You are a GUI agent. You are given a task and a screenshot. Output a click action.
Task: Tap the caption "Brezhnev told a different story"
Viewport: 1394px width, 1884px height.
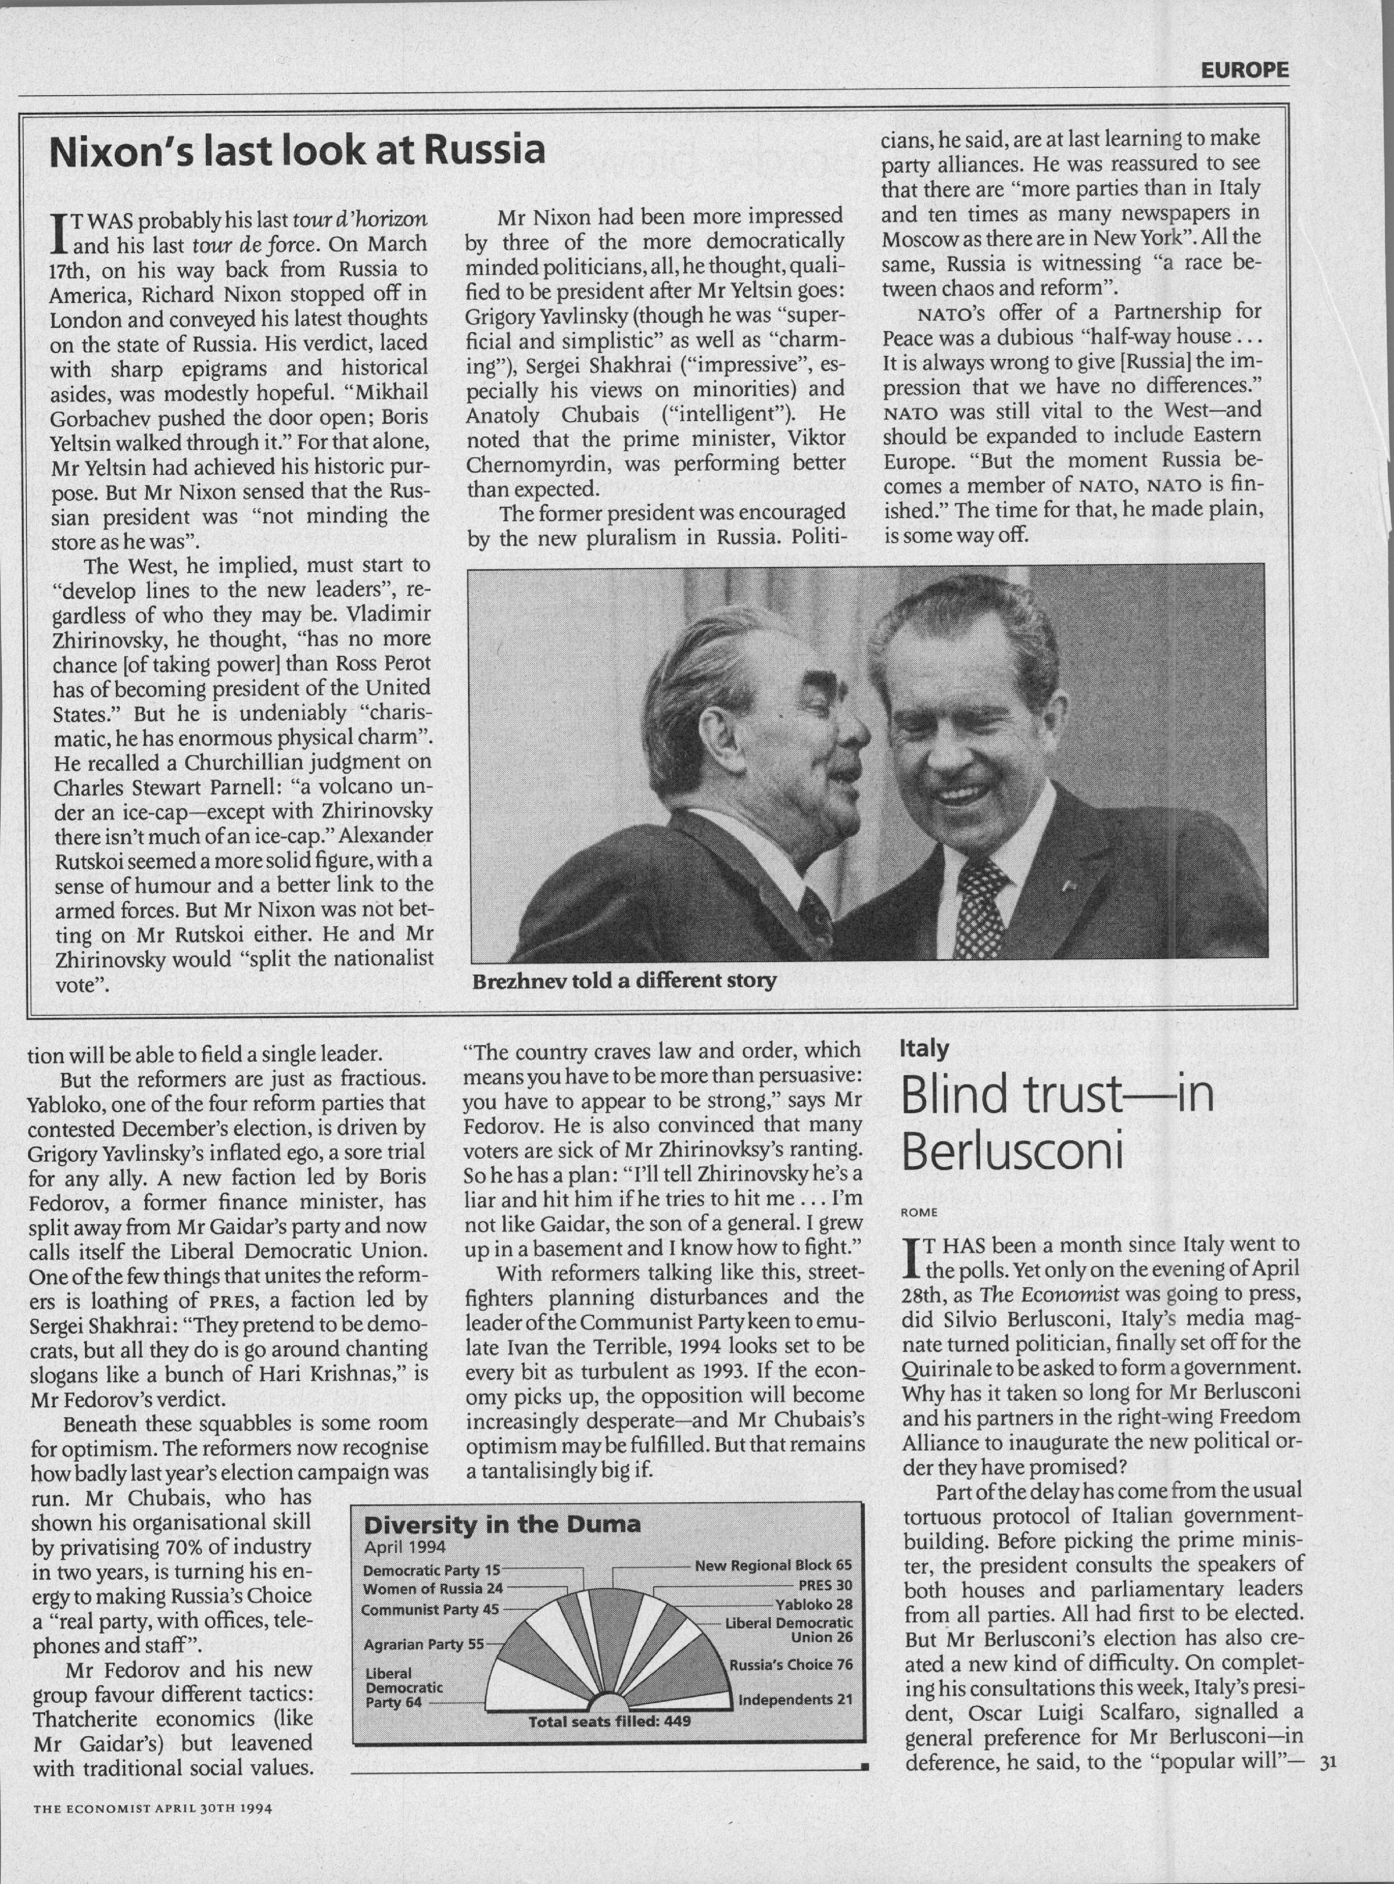tap(624, 981)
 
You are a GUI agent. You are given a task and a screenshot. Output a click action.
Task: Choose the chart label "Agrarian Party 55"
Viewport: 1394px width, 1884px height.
tap(424, 1644)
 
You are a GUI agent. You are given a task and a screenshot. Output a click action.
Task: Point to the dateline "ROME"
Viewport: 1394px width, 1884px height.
tap(920, 1213)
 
